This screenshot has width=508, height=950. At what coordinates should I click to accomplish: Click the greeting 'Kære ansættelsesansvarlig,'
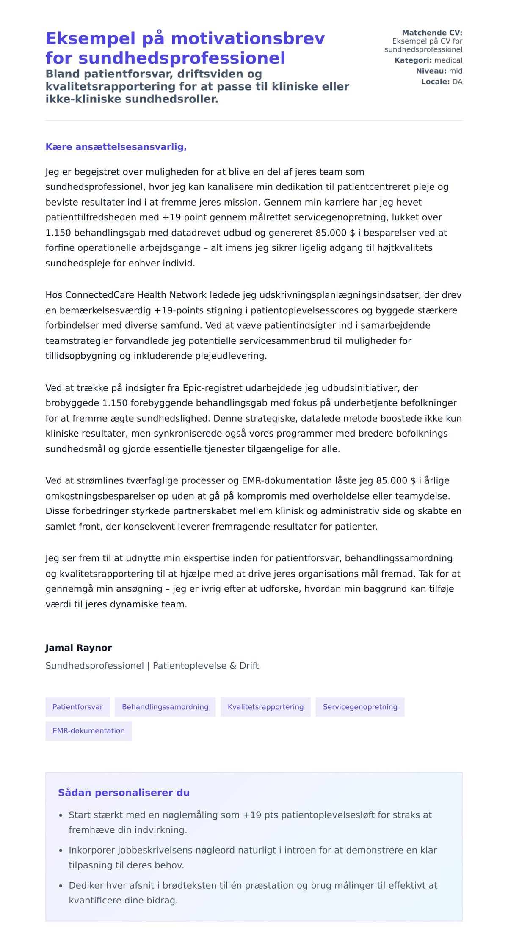pos(116,147)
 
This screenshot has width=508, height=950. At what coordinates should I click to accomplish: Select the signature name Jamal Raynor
pos(78,648)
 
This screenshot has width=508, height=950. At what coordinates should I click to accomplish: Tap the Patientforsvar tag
pos(77,707)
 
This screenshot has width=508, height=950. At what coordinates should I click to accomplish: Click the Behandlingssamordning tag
pos(165,707)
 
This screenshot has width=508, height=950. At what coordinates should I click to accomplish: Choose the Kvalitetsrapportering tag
pos(265,707)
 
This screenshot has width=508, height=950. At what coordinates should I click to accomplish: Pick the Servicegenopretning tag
pos(360,707)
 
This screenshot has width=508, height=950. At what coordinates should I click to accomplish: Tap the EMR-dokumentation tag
pos(88,731)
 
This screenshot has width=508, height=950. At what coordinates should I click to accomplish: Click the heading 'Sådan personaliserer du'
pos(124,793)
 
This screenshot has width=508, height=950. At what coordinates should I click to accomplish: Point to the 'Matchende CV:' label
pos(432,33)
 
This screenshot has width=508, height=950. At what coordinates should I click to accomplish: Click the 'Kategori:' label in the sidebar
pos(413,60)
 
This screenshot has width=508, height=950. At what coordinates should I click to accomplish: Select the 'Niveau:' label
pos(431,71)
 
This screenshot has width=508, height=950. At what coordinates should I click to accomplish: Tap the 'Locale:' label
pos(435,82)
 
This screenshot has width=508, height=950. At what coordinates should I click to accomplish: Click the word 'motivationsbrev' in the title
pos(248,38)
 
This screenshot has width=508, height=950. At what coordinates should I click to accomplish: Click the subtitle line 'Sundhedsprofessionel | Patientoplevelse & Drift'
pos(152,665)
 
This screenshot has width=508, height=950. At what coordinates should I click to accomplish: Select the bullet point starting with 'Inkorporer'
pos(252,857)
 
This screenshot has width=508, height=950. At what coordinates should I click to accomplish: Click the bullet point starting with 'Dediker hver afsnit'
pos(252,892)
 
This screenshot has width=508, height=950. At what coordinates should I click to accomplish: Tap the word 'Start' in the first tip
pos(79,815)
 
